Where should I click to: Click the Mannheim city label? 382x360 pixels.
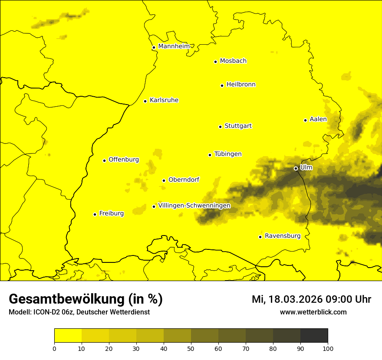[x=174, y=46]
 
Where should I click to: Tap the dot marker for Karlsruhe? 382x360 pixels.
[x=145, y=101]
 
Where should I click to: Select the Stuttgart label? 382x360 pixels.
[x=238, y=126]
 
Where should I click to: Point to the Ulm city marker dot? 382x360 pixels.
[x=296, y=168]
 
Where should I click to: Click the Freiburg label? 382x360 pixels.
[x=111, y=213]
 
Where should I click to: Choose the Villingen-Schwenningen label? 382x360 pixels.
[x=194, y=206]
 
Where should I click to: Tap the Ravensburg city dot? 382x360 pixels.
[x=260, y=237]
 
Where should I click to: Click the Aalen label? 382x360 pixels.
[x=318, y=119]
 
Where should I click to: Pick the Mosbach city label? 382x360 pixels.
[x=233, y=61]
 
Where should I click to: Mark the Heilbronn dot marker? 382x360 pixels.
[x=222, y=85]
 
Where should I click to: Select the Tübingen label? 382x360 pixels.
[x=228, y=154]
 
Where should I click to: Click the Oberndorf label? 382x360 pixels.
[x=184, y=180]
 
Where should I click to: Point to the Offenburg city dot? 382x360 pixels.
[x=104, y=160]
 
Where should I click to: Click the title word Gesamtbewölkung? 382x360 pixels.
[x=67, y=299]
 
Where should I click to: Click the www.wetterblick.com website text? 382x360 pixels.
[x=313, y=312]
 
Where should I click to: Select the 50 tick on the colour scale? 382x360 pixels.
[x=191, y=348]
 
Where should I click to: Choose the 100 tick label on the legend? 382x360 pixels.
[x=328, y=348]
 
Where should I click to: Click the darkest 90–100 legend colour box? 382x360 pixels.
[x=314, y=336]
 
